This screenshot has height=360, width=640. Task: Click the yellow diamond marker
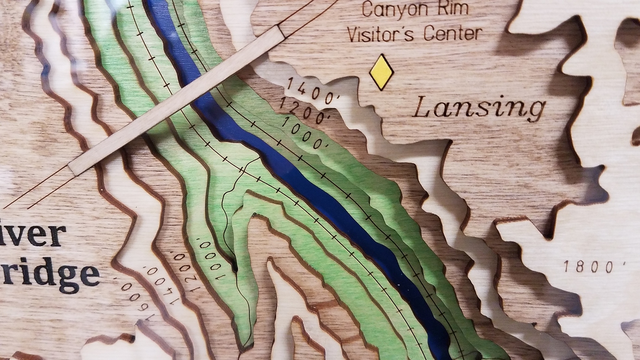(x=381, y=72)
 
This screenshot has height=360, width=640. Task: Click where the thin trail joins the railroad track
(x=242, y=171)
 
